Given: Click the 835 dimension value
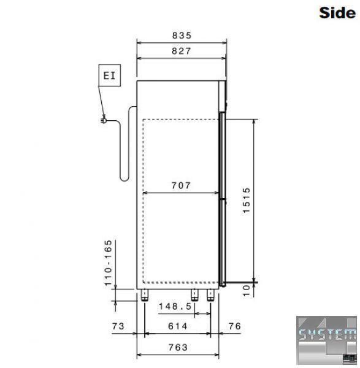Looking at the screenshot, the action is [182, 36].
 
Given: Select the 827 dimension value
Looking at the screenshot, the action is [182, 51].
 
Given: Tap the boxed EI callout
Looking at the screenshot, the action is [110, 75].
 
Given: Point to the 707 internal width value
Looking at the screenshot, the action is [181, 186].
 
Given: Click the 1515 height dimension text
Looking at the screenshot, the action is [247, 200].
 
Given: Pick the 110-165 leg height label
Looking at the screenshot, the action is [108, 263].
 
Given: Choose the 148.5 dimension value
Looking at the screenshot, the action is [175, 306].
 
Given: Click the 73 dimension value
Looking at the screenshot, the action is [118, 326].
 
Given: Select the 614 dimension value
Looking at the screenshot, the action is [178, 326].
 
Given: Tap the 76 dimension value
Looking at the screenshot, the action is [235, 326].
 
